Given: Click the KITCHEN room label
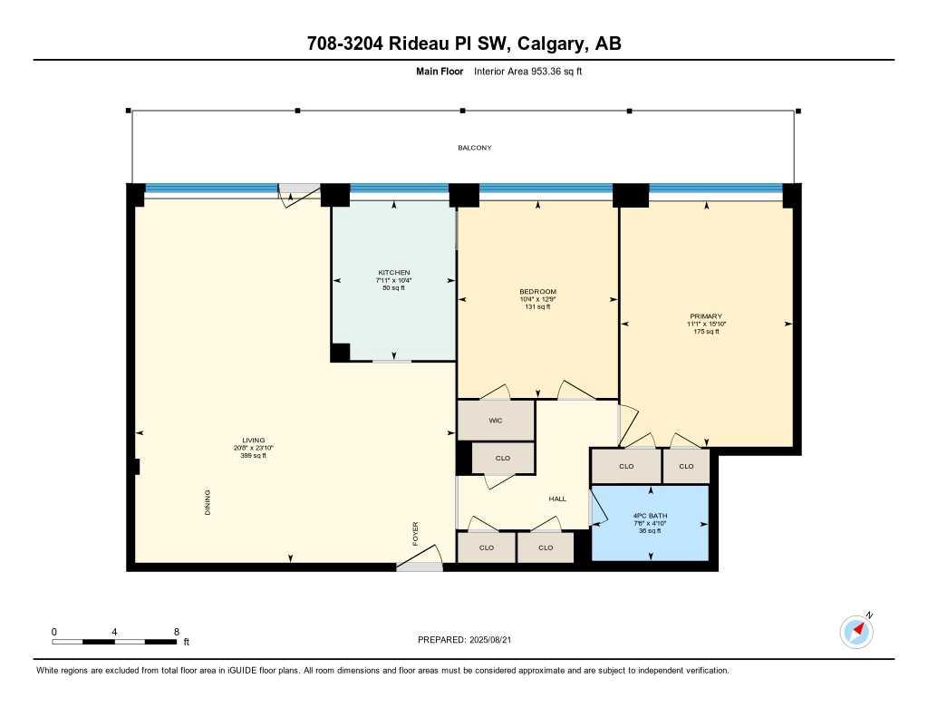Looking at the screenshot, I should click(393, 273).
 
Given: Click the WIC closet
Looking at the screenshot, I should click(496, 421).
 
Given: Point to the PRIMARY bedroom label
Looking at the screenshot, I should click(704, 316).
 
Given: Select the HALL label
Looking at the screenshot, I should click(557, 499).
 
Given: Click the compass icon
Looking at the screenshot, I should click(856, 630).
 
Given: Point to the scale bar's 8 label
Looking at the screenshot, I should click(176, 631).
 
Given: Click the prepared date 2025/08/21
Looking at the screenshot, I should click(496, 639).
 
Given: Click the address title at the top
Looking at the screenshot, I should click(464, 44).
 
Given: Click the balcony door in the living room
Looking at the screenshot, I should click(298, 192).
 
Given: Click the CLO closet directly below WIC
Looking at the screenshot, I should click(503, 458).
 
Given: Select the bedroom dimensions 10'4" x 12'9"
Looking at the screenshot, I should click(537, 299).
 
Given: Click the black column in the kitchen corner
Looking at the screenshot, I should click(340, 353).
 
